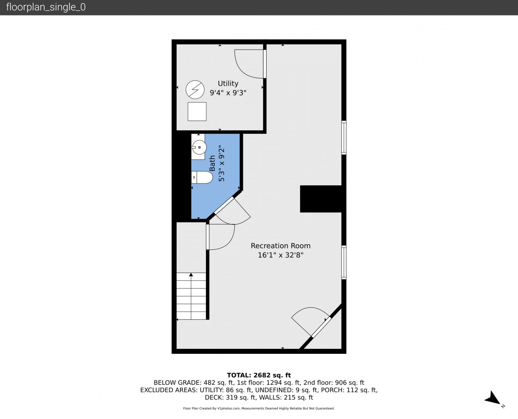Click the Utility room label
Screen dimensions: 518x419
click(228, 83)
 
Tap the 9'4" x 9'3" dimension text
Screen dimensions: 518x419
click(228, 93)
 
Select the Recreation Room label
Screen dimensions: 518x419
click(281, 246)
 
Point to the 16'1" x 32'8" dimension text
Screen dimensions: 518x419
click(281, 255)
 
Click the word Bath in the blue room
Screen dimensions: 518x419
click(212, 163)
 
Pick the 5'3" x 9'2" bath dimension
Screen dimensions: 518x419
click(222, 163)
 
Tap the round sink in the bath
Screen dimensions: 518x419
click(199, 147)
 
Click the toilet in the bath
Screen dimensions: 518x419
click(202, 177)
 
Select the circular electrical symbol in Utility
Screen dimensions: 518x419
click(195, 90)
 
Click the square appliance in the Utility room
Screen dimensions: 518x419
click(197, 111)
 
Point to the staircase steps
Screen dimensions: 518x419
click(191, 296)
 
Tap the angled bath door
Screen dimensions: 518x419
click(232, 211)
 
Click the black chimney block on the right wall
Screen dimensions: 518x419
click(321, 199)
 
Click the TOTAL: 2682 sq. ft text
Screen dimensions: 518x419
click(259, 375)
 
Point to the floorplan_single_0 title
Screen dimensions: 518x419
click(46, 7)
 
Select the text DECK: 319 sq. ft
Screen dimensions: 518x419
click(230, 397)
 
